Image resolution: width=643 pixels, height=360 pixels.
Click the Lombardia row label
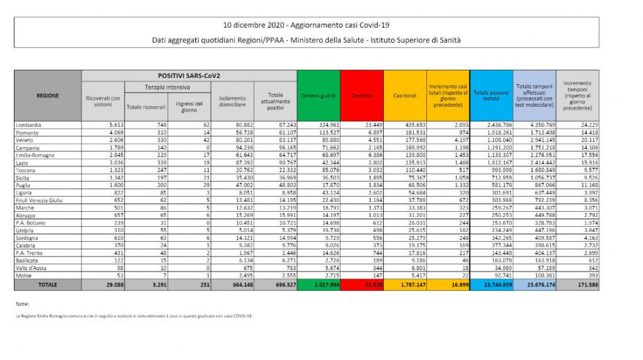click(29, 125)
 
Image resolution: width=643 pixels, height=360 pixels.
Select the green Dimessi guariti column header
click(318, 95)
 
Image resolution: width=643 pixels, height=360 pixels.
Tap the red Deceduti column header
click(362, 95)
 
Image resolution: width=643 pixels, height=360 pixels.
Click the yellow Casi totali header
click(405, 95)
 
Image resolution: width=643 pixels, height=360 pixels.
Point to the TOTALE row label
click(47, 285)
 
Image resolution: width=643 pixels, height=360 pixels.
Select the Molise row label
click(24, 275)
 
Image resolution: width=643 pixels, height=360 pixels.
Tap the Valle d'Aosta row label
click(31, 268)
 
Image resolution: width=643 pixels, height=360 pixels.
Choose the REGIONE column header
click(47, 95)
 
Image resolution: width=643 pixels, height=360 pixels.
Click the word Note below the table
click(22, 304)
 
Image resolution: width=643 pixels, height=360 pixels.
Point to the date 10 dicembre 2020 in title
click(254, 25)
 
